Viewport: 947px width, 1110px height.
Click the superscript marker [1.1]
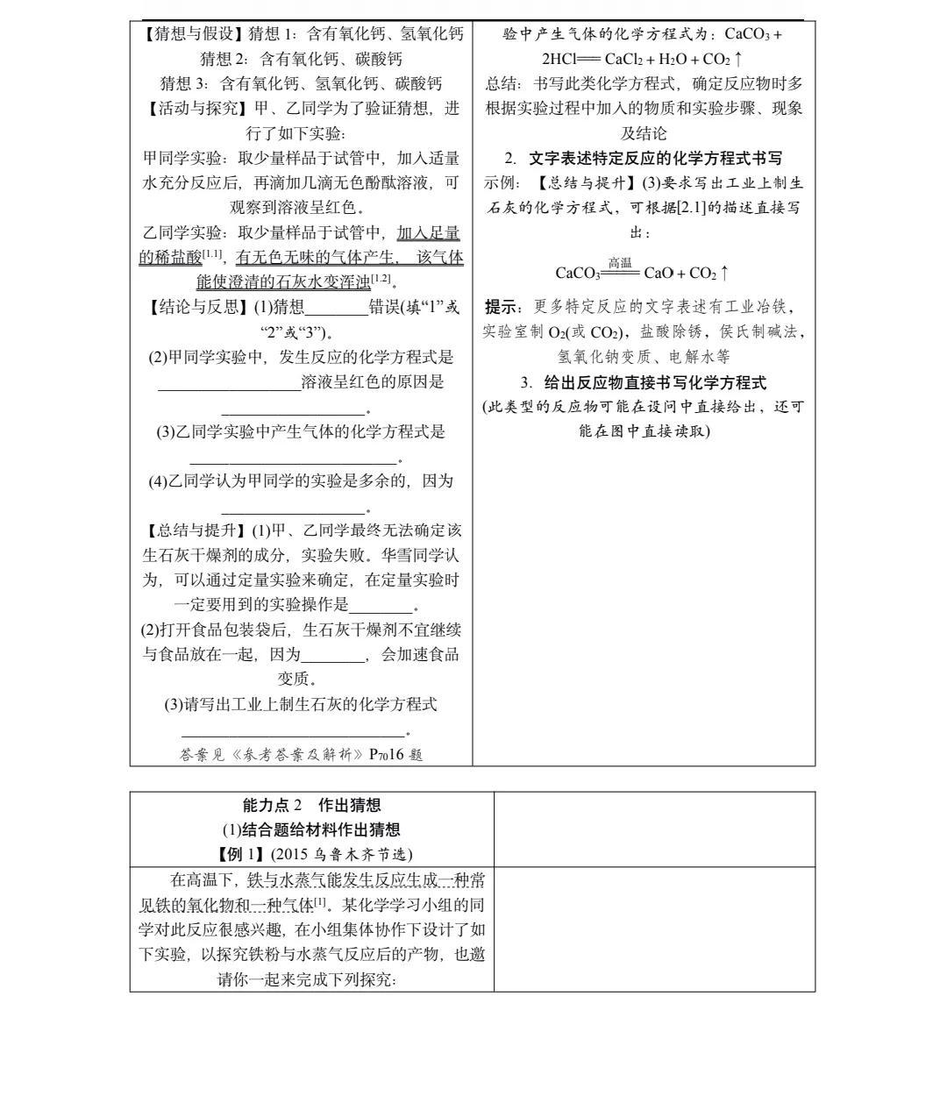coord(213,254)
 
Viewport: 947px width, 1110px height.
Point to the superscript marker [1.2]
coord(381,279)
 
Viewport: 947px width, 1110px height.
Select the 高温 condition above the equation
coord(620,262)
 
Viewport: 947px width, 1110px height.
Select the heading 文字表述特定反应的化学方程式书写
coord(655,159)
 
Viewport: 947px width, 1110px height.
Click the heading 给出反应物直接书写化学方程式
coord(655,382)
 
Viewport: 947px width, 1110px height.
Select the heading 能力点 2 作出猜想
coord(311,805)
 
